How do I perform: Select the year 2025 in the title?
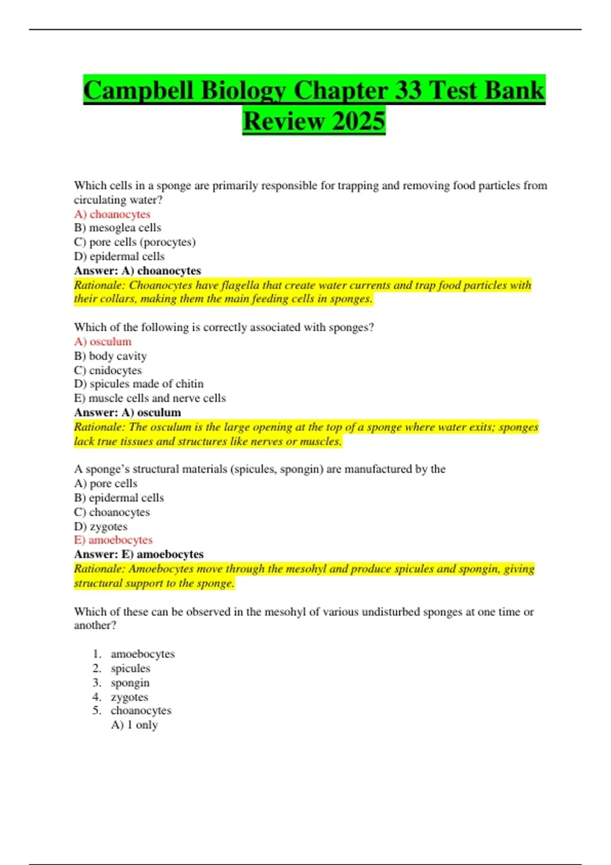357,121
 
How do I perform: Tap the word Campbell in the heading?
138,91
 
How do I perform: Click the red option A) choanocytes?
112,214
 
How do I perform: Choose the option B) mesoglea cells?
118,228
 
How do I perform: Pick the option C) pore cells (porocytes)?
134,242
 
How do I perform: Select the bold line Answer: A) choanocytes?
137,271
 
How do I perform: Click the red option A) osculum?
103,341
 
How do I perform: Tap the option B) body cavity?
110,356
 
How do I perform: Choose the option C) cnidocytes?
108,370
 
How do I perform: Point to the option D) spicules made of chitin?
138,384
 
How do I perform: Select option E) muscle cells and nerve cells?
150,398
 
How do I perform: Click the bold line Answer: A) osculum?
127,412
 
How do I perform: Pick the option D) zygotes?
101,526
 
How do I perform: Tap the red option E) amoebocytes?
113,540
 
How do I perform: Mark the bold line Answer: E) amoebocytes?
138,554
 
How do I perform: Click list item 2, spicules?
130,668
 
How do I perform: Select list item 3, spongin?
130,682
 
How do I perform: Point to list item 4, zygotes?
129,697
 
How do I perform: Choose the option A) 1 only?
134,725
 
